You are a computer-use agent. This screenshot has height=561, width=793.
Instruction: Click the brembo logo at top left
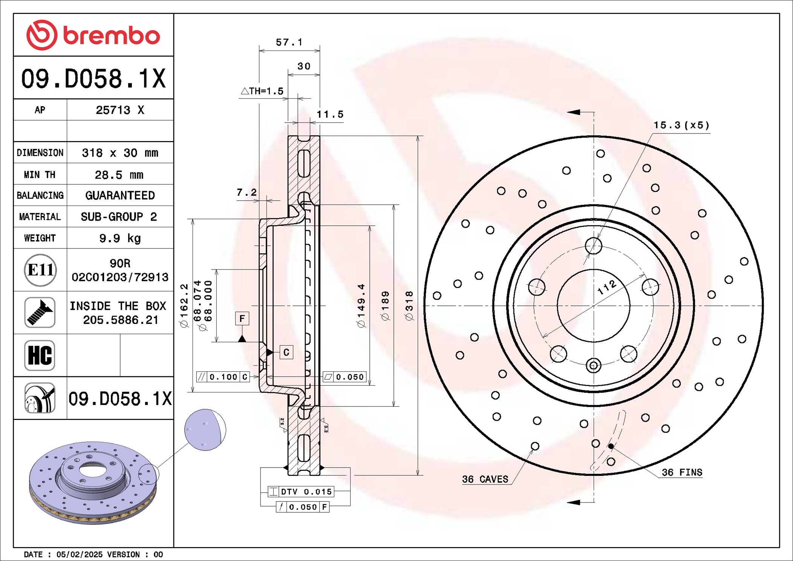[x=93, y=35]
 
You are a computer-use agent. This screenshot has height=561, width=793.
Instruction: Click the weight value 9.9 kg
[x=120, y=238]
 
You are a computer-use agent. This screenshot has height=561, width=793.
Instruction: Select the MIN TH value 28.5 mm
[x=119, y=175]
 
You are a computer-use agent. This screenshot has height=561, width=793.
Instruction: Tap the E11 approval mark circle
[x=40, y=270]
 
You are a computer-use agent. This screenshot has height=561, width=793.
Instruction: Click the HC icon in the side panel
[x=40, y=355]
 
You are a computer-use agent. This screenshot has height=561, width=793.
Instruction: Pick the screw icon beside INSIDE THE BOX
[x=40, y=312]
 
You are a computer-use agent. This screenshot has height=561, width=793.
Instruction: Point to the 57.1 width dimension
[x=289, y=42]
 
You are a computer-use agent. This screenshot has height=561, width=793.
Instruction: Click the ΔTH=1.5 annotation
[x=262, y=91]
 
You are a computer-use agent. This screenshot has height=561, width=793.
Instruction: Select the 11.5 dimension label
[x=330, y=115]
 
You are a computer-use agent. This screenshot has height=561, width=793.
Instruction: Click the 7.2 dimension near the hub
[x=246, y=193]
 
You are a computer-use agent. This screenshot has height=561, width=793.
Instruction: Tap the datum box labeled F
[x=242, y=319]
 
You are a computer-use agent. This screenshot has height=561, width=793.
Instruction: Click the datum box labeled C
[x=286, y=352]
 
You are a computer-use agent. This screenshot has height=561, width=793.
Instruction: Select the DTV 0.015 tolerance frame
[x=301, y=492]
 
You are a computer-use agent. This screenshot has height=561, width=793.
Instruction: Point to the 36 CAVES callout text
[x=485, y=479]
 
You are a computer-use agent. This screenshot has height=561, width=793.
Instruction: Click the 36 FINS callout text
[x=682, y=472]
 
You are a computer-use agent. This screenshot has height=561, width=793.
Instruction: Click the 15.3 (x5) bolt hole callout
[x=681, y=125]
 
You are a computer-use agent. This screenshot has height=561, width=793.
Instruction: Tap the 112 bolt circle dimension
[x=607, y=287]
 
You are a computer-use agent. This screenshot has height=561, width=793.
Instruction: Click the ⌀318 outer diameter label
[x=409, y=305]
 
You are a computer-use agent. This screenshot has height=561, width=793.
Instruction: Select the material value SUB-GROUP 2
[x=119, y=217]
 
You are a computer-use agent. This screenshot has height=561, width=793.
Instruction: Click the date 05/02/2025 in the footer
[x=79, y=554]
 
